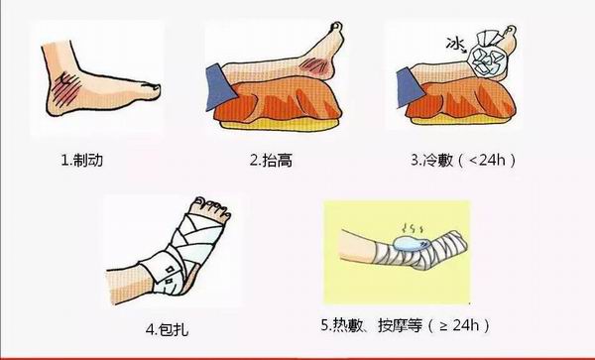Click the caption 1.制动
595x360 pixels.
[82, 160]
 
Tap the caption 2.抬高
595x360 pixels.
[271, 161]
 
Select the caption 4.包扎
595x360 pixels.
[167, 329]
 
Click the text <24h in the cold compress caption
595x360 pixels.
[487, 160]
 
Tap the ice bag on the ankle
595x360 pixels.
[485, 57]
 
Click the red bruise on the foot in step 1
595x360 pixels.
[65, 89]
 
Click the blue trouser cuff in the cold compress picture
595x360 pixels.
[411, 87]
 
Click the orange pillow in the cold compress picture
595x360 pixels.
[461, 100]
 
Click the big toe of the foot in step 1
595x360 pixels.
[151, 89]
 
